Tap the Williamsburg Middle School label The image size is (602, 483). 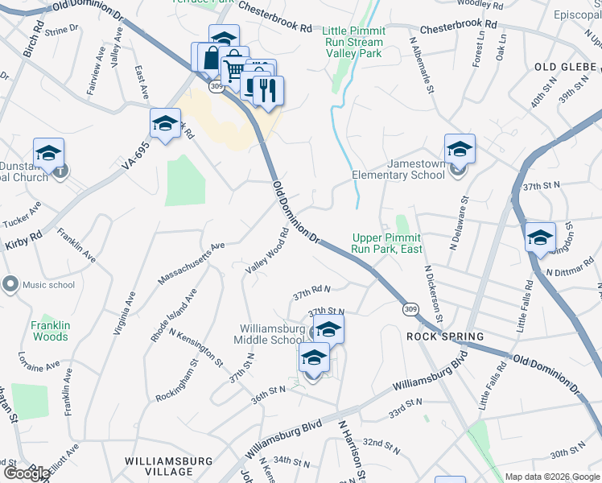click(273, 334)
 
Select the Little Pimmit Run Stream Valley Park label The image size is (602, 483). click(354, 42)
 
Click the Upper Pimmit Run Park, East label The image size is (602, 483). click(386, 243)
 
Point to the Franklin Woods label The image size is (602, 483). click(50, 331)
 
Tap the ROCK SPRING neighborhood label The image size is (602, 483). click(445, 336)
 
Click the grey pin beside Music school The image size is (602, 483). click(10, 284)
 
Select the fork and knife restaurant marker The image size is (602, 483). click(268, 90)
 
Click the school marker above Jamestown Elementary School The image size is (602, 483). click(460, 149)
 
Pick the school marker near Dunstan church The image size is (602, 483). click(48, 153)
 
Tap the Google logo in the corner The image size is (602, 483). click(26, 473)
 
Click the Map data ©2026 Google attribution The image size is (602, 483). click(552, 477)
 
